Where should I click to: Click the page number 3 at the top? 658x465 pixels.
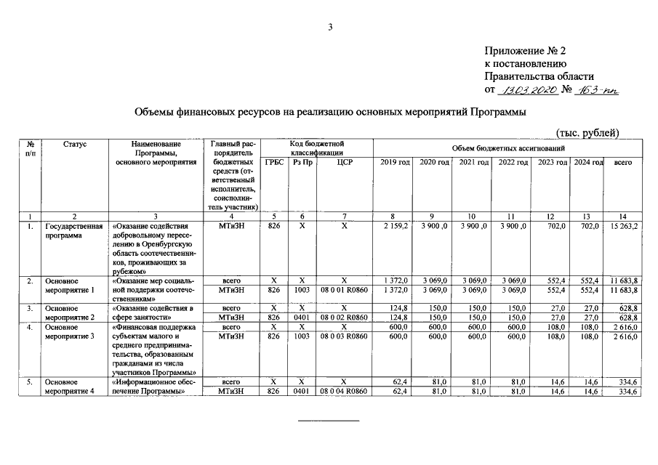click(329, 28)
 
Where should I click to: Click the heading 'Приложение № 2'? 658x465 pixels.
click(524, 51)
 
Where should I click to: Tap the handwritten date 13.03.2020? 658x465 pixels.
click(529, 90)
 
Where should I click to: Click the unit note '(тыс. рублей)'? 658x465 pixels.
click(587, 132)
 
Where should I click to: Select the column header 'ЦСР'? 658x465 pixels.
click(345, 163)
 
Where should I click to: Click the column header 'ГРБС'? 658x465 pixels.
click(274, 163)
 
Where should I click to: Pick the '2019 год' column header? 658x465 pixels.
click(395, 163)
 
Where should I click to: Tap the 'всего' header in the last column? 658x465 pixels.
click(623, 163)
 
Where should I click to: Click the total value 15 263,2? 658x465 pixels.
click(623, 227)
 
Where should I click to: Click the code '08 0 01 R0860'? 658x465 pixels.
click(345, 290)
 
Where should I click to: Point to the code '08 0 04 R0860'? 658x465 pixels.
click(345, 392)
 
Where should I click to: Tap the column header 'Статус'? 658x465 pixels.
click(75, 145)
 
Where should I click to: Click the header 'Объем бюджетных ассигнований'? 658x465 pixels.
click(509, 148)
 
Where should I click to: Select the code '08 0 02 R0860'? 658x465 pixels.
click(345, 318)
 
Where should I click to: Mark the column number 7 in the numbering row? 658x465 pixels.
click(345, 217)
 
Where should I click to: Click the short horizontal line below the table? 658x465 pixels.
click(329, 421)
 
